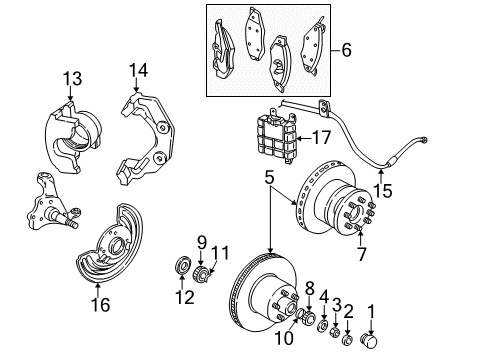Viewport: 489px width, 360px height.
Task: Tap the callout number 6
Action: (x=347, y=48)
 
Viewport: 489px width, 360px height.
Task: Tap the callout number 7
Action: (x=361, y=255)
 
